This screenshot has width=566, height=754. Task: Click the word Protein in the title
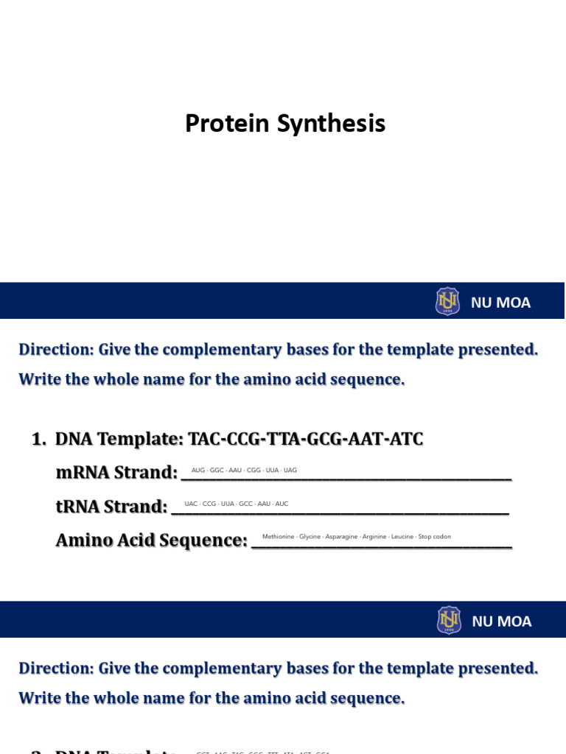[x=228, y=124]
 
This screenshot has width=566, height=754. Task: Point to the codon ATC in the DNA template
[x=406, y=440]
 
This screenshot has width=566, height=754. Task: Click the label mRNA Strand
[x=116, y=473]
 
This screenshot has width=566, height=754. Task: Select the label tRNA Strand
[x=111, y=507]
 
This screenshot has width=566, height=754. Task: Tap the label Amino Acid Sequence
[x=151, y=540]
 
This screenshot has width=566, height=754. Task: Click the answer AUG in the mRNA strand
[x=198, y=470]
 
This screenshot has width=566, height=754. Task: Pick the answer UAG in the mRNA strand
[x=290, y=470]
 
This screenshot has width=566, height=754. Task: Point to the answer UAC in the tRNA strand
[x=191, y=504]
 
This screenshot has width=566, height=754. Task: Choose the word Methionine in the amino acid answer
[x=278, y=537]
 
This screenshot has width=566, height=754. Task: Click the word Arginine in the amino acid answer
[x=374, y=537]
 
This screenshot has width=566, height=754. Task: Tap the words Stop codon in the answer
[x=435, y=537]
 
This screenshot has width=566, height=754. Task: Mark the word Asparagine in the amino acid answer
[x=341, y=537]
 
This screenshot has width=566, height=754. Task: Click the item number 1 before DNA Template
[x=38, y=440]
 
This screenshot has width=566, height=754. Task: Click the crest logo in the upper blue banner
[x=447, y=301]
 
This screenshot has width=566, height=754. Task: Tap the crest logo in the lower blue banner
[x=448, y=620]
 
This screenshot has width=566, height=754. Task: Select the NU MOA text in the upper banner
[x=500, y=302]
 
